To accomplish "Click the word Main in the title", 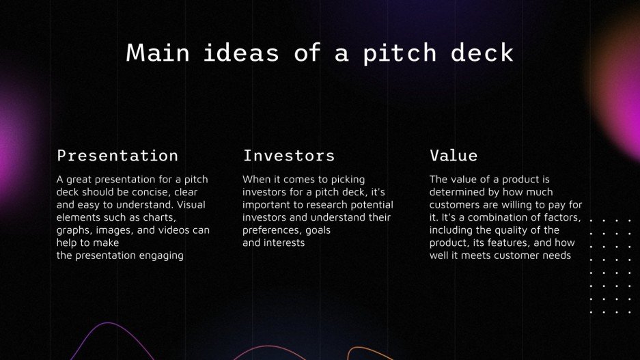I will pos(157,53).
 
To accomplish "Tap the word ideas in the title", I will pos(242,53).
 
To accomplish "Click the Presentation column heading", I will pos(117,156).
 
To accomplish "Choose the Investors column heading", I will pos(289,156).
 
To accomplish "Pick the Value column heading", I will pos(454,156).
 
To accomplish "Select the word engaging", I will pos(162,255).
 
